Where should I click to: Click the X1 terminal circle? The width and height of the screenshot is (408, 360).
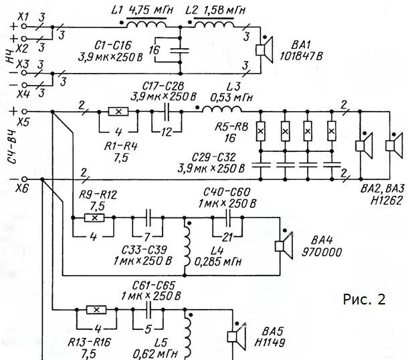pyautogui.click(x=24, y=26)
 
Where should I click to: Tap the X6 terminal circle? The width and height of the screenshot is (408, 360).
pyautogui.click(x=24, y=179)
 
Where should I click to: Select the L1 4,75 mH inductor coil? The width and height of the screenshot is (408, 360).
pyautogui.click(x=146, y=24)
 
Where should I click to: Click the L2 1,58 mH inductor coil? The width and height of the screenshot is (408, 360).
pyautogui.click(x=214, y=24)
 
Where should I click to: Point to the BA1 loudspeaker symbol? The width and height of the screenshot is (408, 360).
pyautogui.click(x=264, y=50)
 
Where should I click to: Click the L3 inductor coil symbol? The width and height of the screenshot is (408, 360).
pyautogui.click(x=221, y=109)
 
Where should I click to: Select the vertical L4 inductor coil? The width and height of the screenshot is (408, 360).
pyautogui.click(x=187, y=246)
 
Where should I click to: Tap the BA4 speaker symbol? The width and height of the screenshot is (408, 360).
pyautogui.click(x=284, y=246)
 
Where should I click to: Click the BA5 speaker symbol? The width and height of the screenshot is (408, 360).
pyautogui.click(x=237, y=337)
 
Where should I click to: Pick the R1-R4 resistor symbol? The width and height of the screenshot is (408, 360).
pyautogui.click(x=118, y=112)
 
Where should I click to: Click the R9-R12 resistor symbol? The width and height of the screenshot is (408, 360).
pyautogui.click(x=94, y=217)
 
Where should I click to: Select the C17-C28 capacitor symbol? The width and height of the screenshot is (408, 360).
pyautogui.click(x=167, y=112)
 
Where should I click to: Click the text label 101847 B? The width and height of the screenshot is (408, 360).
pyautogui.click(x=301, y=56)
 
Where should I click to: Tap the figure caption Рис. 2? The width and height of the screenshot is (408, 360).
pyautogui.click(x=364, y=299)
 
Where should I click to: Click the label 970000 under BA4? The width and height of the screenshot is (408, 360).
pyautogui.click(x=322, y=252)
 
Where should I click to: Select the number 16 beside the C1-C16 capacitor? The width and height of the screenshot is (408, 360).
pyautogui.click(x=154, y=50)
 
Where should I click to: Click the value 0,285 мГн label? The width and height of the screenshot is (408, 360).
pyautogui.click(x=218, y=262)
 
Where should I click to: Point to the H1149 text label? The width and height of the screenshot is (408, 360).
pyautogui.click(x=270, y=343)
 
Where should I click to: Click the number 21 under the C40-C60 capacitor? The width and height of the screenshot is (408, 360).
pyautogui.click(x=227, y=237)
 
